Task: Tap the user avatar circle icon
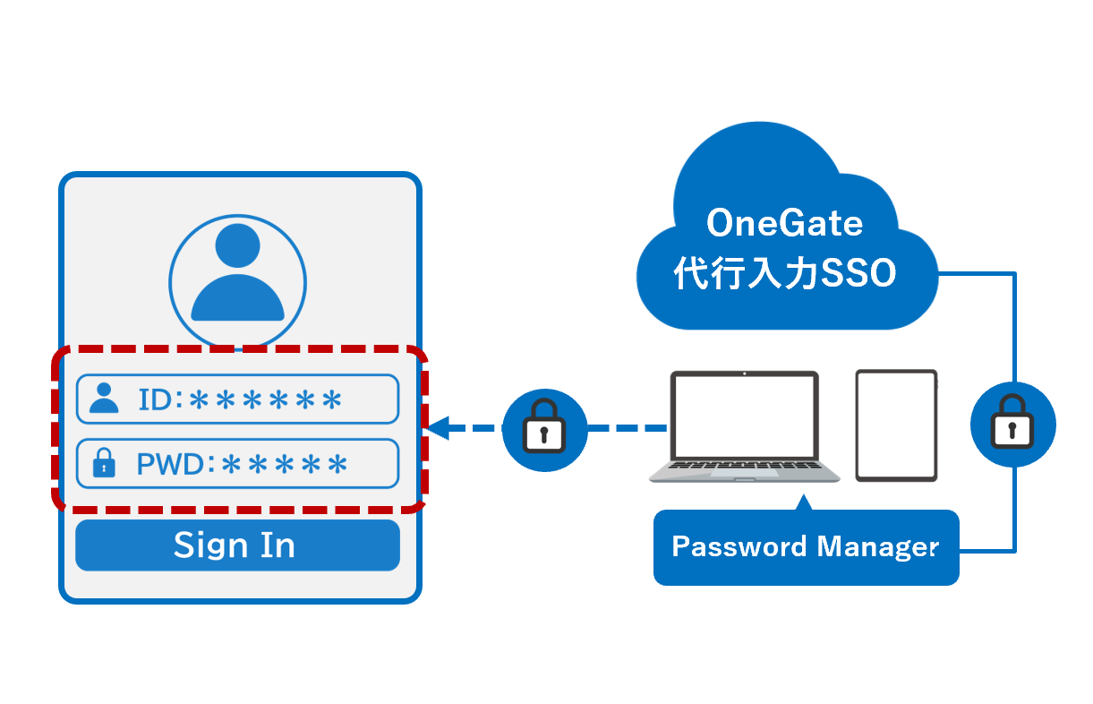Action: coord(238,279)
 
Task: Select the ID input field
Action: coord(237,399)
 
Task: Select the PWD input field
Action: coord(237,463)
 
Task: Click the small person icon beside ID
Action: coord(105,399)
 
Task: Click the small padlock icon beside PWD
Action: coord(105,463)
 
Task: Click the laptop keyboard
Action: coord(745,469)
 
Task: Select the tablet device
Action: coord(896,425)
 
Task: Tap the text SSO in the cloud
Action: coord(858,274)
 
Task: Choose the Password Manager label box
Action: coord(806,547)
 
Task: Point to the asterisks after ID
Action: coord(266,399)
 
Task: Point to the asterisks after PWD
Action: coord(284,464)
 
